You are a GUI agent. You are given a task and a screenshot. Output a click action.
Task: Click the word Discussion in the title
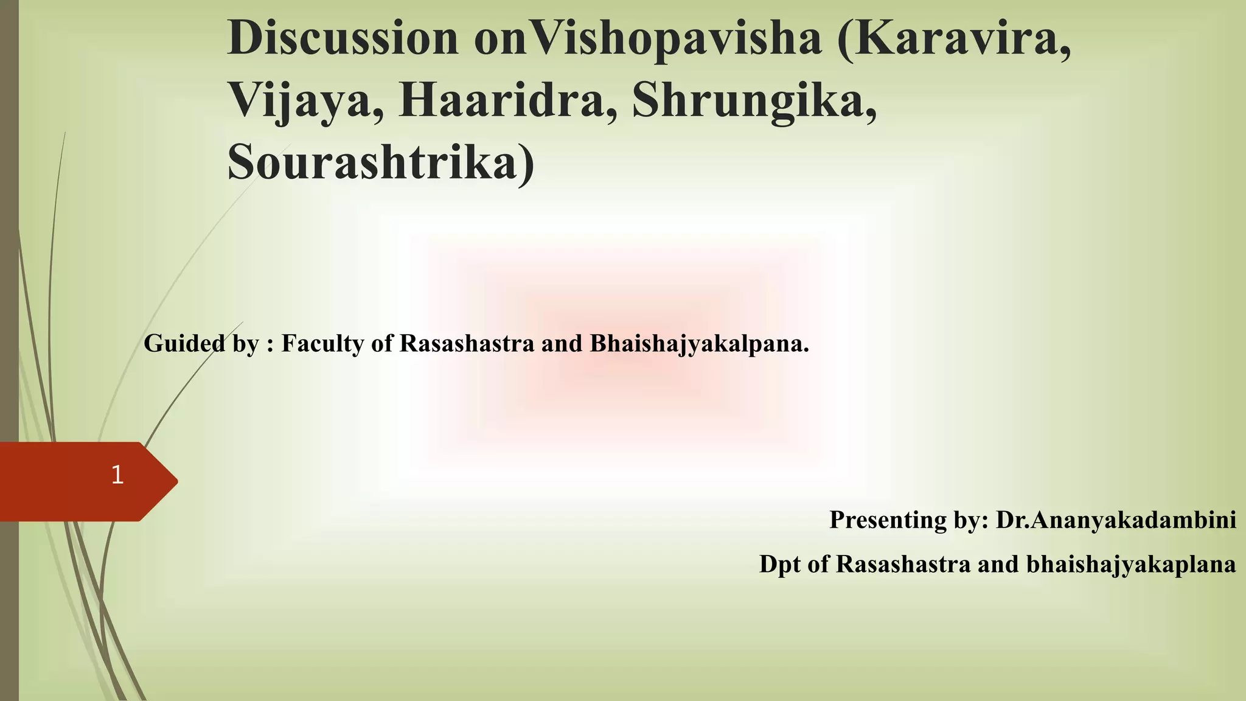(343, 38)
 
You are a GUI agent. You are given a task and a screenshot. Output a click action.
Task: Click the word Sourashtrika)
(381, 163)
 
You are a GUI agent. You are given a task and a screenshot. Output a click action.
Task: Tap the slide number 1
(117, 475)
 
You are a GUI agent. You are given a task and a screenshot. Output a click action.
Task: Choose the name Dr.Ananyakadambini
(1116, 520)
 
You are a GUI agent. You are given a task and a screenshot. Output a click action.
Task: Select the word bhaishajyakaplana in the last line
(1131, 565)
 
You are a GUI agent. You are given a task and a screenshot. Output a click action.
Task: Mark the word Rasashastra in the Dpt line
(903, 564)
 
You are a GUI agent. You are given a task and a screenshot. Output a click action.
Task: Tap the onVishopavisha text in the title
(648, 40)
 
